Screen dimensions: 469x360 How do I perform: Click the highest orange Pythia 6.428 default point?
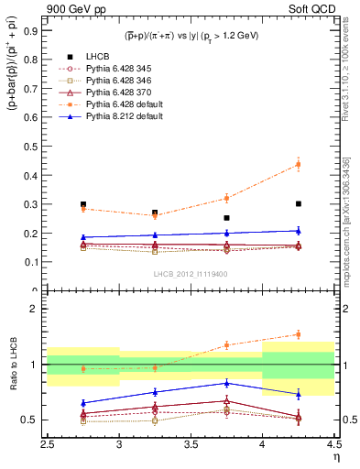[298, 165]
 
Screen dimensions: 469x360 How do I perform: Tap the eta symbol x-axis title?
[335, 456]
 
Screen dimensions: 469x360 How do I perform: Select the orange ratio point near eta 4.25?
[298, 334]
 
